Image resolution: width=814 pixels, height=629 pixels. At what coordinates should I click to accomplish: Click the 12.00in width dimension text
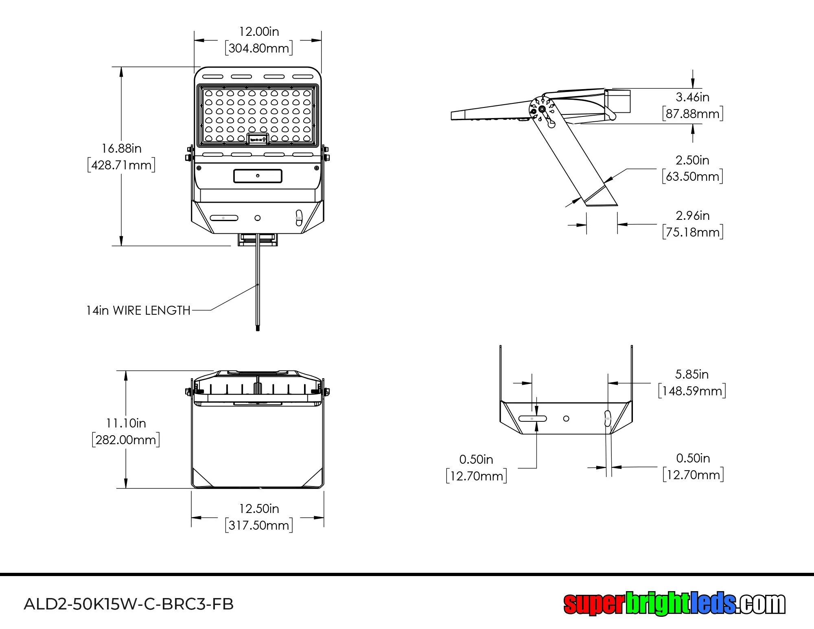tap(259, 32)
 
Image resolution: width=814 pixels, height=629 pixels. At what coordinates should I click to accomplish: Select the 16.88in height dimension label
tap(121, 149)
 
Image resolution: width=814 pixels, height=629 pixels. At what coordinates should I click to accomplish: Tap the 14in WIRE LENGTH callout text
tap(138, 311)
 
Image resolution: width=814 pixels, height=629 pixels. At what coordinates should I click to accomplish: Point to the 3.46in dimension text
tap(692, 97)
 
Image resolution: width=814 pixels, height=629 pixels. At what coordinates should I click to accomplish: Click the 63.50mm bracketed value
tap(692, 177)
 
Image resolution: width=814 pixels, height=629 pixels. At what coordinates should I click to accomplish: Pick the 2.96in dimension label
tap(692, 216)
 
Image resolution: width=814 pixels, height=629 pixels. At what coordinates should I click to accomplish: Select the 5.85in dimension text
tap(691, 375)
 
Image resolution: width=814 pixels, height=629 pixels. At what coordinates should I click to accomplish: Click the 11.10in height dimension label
tap(126, 423)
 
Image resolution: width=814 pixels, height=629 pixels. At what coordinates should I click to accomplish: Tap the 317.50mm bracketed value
tap(259, 525)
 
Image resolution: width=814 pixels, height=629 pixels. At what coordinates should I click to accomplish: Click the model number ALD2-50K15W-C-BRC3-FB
tap(129, 604)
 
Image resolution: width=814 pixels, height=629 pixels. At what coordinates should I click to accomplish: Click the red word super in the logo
tap(593, 604)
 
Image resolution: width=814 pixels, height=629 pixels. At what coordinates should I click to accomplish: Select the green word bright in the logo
tap(657, 604)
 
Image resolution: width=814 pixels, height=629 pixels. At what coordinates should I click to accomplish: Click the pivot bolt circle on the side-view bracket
tap(542, 109)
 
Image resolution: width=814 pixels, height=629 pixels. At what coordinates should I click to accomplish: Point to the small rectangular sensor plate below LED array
tap(258, 176)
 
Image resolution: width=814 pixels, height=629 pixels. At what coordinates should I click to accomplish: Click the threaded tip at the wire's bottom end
tap(258, 327)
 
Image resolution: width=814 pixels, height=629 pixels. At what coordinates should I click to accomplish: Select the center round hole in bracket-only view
tap(566, 419)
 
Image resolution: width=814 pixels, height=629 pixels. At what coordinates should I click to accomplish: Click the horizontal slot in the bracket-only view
tap(532, 419)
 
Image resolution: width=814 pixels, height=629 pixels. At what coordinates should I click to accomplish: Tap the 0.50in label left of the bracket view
tap(476, 460)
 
